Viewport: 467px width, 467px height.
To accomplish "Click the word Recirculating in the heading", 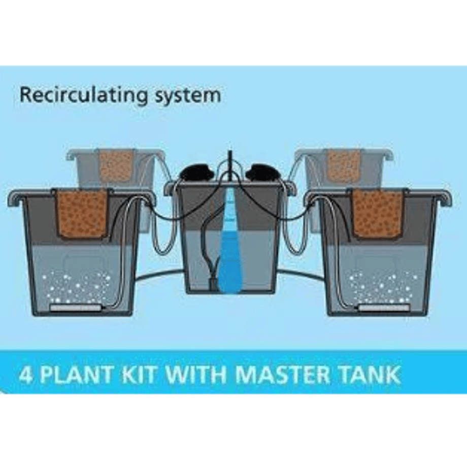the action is (83, 95).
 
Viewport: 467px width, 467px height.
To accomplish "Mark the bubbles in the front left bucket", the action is (76, 285).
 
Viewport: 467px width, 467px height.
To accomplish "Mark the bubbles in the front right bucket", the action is (384, 285).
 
